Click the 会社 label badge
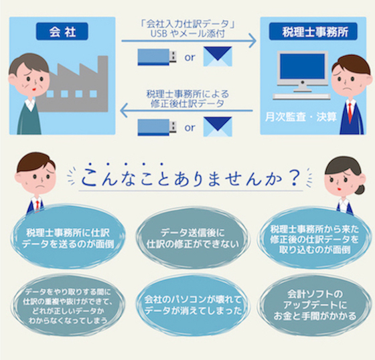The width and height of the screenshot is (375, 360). coord(62,31)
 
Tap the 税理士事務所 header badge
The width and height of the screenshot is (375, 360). coord(313,31)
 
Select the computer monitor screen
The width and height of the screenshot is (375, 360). coord(303,66)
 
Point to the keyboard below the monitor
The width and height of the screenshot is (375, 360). coord(301,96)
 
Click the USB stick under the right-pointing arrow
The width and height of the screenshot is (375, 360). coord(157,57)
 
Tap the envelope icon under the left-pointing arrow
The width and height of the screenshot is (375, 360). coord(218,126)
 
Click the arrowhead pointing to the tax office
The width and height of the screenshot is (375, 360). coord(252,41)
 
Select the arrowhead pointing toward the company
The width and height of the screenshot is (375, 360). coord(123,110)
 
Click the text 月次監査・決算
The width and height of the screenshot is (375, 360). coord(301,117)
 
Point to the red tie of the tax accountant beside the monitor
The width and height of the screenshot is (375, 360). coord(350,113)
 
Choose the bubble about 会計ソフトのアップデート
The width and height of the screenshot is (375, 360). coord(315,305)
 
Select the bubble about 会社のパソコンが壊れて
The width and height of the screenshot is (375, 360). coord(193,305)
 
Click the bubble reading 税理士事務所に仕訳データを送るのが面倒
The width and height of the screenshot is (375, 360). coord(68,237)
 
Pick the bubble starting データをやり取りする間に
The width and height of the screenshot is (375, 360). coord(68,306)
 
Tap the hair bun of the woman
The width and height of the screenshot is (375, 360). coord(360,189)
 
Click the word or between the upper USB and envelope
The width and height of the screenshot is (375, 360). coord(190,58)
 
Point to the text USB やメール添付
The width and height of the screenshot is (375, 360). coord(187,34)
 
